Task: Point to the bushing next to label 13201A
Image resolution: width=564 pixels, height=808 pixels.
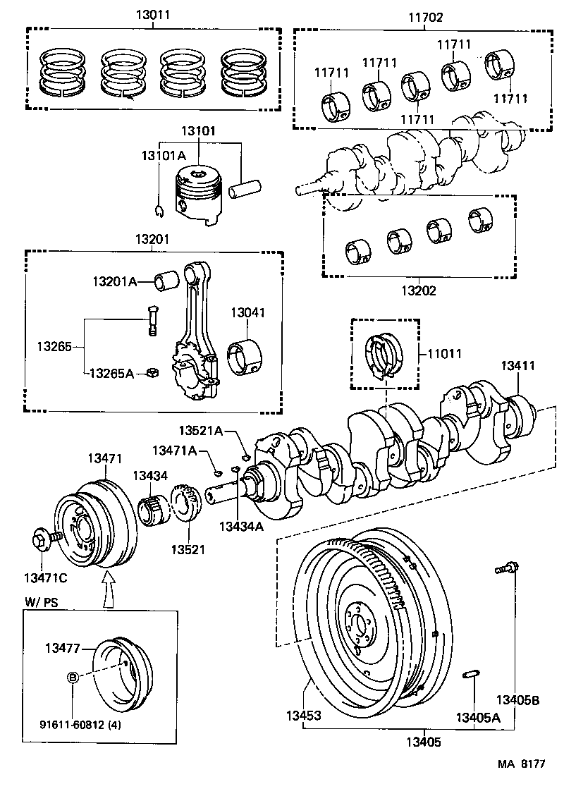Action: pyautogui.click(x=168, y=281)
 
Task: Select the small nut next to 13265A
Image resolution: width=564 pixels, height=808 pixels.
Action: pyautogui.click(x=151, y=373)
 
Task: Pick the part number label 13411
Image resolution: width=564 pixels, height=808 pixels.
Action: pyautogui.click(x=518, y=366)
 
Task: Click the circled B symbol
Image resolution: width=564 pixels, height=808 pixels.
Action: pyautogui.click(x=72, y=678)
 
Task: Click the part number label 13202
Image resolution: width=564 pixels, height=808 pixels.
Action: pyautogui.click(x=419, y=290)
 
